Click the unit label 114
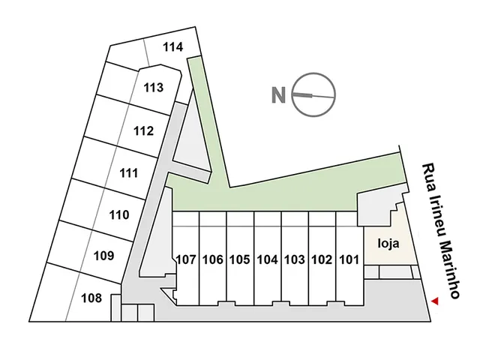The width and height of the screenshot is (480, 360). coord(173,47)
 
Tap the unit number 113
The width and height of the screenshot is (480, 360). coord(154,88)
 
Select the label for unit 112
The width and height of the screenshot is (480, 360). coord(143,131)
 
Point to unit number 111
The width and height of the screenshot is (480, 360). coord(129,173)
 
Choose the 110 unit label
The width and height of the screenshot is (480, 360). coord(119,215)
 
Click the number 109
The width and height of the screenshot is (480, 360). coord(103,256)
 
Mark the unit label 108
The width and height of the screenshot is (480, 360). coord(91,298)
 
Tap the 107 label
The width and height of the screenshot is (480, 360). coord(186,260)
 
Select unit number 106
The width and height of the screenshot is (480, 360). coord(213,260)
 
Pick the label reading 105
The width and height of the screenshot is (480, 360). coord(240,260)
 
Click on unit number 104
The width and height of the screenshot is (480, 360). coord(268,260)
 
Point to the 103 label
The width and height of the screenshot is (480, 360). coord(295,260)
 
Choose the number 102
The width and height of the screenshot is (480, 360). coord(322,260)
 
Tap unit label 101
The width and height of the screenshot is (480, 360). coord(349,260)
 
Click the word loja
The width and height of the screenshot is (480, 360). coord(388,244)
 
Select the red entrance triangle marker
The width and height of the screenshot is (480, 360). coord(435,301)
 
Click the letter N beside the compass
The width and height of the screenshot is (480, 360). coord(278,95)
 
